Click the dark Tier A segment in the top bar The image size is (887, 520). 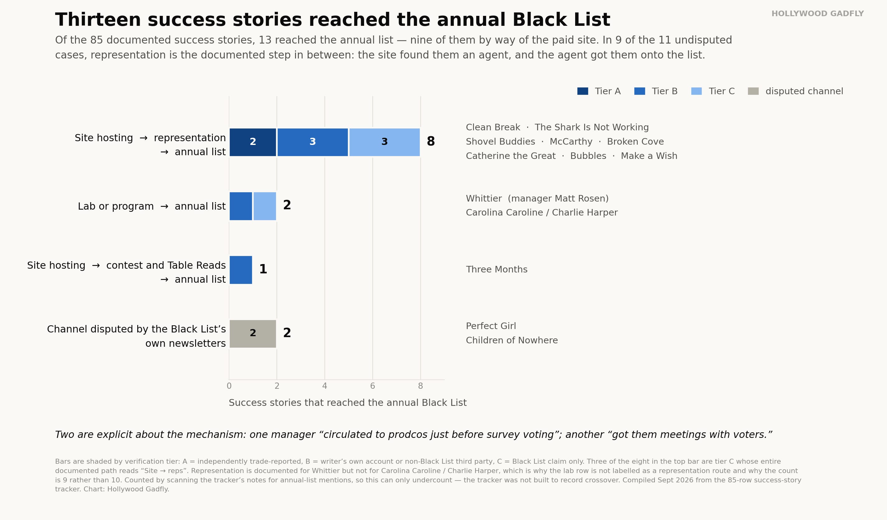click(253, 142)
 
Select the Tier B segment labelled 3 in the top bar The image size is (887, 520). click(312, 142)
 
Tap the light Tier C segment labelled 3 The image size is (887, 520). click(384, 142)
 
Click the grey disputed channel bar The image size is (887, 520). click(253, 333)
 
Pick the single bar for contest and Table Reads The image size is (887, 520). click(241, 270)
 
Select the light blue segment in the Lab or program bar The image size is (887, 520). click(265, 206)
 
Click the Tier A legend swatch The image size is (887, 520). click(583, 91)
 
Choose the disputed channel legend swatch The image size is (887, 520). click(753, 91)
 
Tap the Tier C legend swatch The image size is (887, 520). click(697, 91)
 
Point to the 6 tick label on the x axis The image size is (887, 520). click(373, 386)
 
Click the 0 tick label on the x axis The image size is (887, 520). click(229, 386)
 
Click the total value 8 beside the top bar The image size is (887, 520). click(431, 142)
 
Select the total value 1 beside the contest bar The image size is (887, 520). click(263, 269)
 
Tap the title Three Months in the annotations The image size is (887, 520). click(497, 270)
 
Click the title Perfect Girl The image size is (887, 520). click(491, 326)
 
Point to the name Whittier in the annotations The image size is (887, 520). click(484, 198)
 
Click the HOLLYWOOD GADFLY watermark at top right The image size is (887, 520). click(818, 14)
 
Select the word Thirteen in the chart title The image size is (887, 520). click(98, 20)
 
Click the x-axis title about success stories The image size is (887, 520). click(348, 403)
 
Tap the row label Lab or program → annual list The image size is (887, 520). click(152, 206)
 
